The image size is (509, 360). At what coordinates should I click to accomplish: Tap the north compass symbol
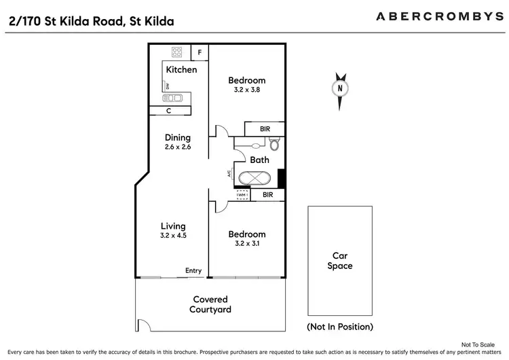tap(340, 88)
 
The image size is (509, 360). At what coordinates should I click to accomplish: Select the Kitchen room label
tap(182, 69)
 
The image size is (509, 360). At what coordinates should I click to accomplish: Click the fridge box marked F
tap(200, 52)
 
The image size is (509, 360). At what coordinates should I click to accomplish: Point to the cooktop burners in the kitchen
tap(177, 52)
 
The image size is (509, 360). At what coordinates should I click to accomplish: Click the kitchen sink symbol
tap(172, 98)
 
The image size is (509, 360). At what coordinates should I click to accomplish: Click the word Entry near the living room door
tap(193, 271)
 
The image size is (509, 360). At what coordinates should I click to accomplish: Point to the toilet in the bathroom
tap(274, 144)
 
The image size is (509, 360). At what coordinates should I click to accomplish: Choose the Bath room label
tap(260, 160)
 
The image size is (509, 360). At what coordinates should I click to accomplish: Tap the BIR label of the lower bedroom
tap(267, 195)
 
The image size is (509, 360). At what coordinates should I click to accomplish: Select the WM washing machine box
tap(242, 196)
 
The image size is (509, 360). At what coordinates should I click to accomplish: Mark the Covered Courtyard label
tap(210, 304)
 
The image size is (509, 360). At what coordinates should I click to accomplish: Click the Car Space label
tap(340, 261)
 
